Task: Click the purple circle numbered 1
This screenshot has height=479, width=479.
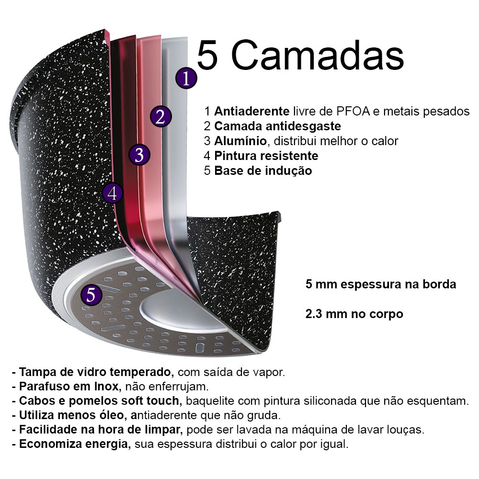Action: pyautogui.click(x=186, y=78)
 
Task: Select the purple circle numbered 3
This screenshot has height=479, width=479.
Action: pyautogui.click(x=139, y=155)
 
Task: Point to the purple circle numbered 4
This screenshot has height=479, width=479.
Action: pyautogui.click(x=113, y=193)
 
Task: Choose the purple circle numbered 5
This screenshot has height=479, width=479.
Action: pyautogui.click(x=91, y=295)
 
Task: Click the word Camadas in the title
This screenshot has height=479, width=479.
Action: pyautogui.click(x=318, y=56)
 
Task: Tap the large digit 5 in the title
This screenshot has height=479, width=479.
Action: pyautogui.click(x=207, y=56)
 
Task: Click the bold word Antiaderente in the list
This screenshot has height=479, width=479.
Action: pyautogui.click(x=252, y=111)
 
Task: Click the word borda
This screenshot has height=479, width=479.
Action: pyautogui.click(x=439, y=284)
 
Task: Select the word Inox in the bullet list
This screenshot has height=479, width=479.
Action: pyautogui.click(x=106, y=387)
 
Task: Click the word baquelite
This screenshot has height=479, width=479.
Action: pyautogui.click(x=208, y=401)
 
